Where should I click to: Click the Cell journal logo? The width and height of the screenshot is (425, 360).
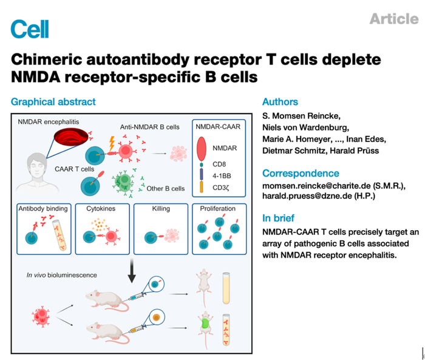30,28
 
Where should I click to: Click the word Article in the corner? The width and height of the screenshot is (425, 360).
393,19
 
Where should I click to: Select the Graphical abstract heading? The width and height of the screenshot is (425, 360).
53,102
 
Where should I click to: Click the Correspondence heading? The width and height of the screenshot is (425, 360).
301,173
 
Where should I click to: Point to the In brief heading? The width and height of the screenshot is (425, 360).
279,218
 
